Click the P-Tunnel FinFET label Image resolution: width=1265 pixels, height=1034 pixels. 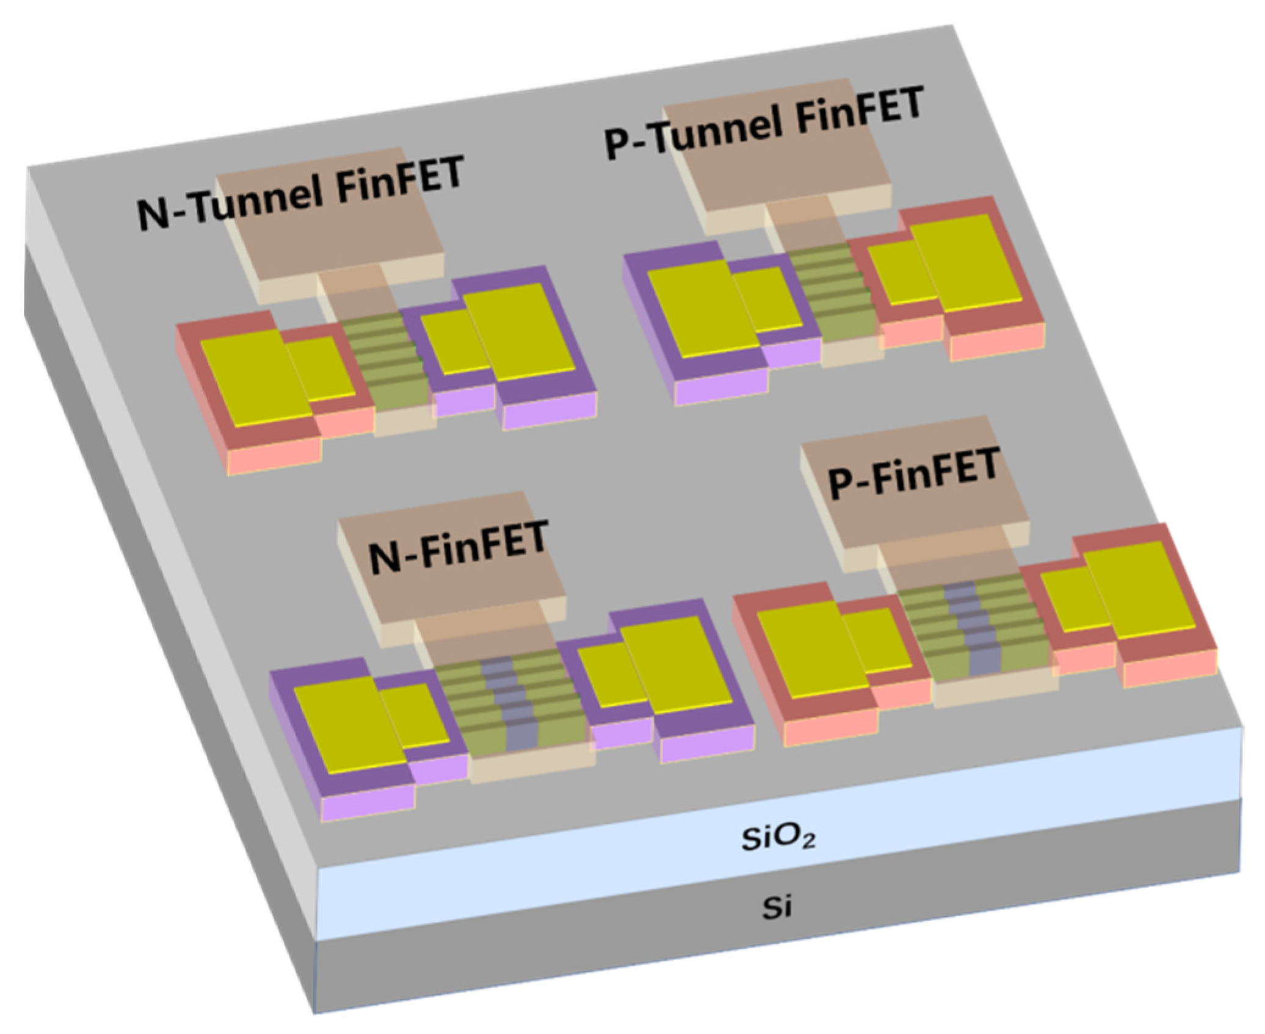763,122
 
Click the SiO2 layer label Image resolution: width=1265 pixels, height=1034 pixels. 778,839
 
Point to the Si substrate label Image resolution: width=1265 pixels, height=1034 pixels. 777,908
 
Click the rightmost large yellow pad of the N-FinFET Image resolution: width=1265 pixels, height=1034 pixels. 678,665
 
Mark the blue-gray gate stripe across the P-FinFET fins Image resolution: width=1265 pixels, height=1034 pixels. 971,628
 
